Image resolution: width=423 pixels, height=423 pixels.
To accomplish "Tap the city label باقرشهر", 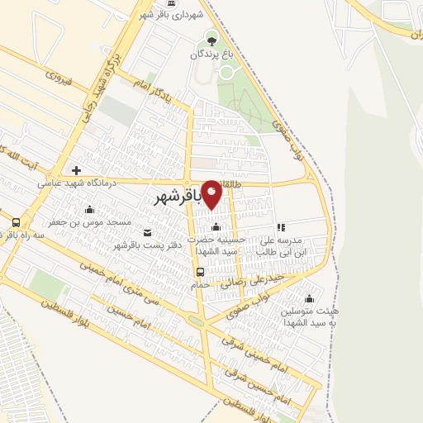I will pyautogui.click(x=178, y=199).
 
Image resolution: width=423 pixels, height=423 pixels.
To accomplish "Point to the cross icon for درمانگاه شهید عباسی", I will pyautogui.click(x=77, y=170).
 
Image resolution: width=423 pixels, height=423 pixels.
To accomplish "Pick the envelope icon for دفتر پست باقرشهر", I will pyautogui.click(x=147, y=232).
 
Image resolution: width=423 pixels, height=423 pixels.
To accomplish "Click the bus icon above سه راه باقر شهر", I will pyautogui.click(x=16, y=222).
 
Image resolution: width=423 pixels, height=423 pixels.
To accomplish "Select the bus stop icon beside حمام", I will pyautogui.click(x=200, y=272).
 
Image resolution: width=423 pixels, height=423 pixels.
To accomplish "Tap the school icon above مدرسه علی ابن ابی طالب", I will pyautogui.click(x=281, y=227).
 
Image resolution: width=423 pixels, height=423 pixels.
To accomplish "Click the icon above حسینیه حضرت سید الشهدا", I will pyautogui.click(x=216, y=227).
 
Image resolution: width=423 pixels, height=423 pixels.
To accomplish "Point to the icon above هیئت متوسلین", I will pyautogui.click(x=310, y=298).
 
